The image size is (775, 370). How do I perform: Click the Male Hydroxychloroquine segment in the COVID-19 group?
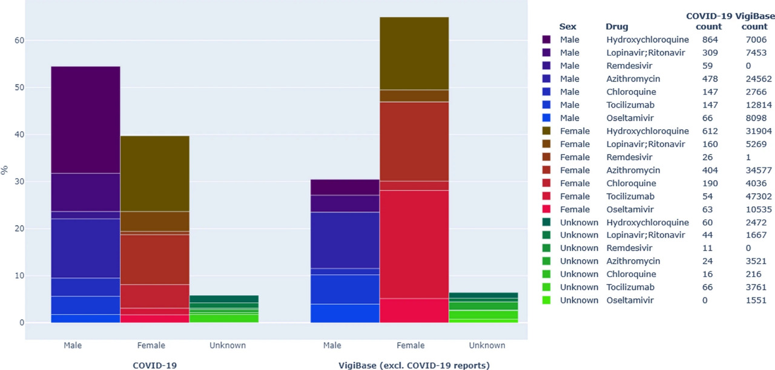(85, 120)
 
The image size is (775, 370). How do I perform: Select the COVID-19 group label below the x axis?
(155, 365)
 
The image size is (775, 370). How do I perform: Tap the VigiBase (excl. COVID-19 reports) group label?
(414, 365)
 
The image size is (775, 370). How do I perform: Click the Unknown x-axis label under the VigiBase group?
(487, 346)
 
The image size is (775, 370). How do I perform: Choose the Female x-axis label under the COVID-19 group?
(155, 346)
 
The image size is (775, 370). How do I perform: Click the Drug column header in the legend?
(617, 27)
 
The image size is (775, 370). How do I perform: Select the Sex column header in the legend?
(568, 27)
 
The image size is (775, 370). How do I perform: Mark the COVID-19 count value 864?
(710, 40)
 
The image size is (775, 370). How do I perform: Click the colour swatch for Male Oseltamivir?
(547, 118)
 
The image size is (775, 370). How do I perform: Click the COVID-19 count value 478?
(710, 79)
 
